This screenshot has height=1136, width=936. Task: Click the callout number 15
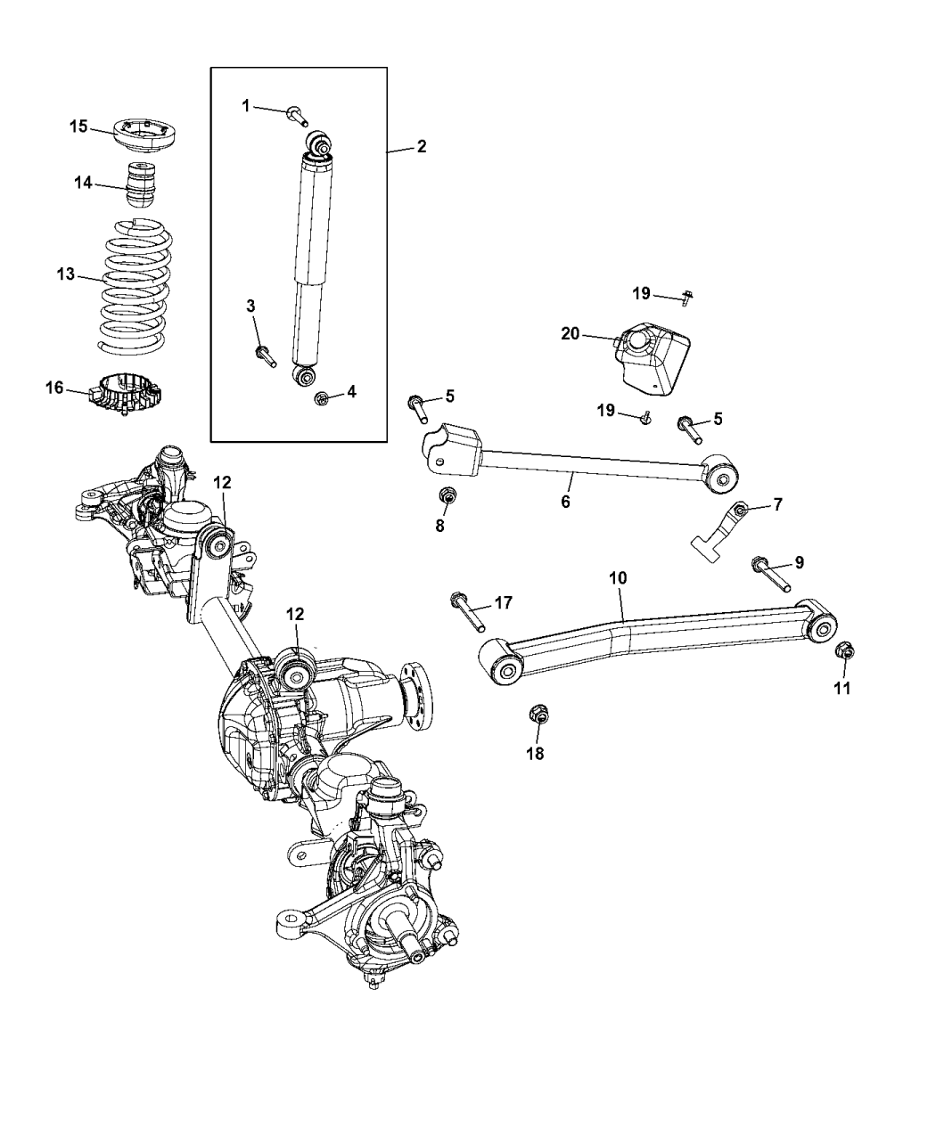(x=78, y=127)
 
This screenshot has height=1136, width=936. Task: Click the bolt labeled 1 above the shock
(x=297, y=114)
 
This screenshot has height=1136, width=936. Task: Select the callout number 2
(x=421, y=146)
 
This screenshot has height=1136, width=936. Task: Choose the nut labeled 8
(x=447, y=496)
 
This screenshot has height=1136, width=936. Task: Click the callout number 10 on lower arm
(x=618, y=578)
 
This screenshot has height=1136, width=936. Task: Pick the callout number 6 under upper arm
(x=565, y=502)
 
